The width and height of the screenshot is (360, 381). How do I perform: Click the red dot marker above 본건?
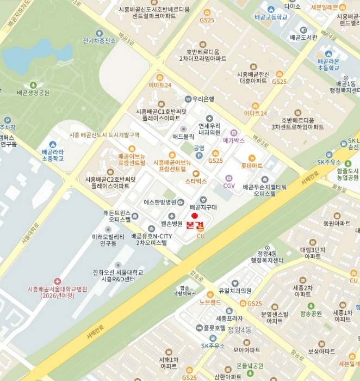(195, 216)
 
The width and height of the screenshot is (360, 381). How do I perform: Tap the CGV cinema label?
(229, 185)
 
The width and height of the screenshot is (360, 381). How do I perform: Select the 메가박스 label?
(234, 140)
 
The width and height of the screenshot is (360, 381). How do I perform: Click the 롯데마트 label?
(252, 165)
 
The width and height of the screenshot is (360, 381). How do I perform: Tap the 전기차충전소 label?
(99, 41)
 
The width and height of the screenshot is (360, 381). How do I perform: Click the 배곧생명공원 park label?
(33, 93)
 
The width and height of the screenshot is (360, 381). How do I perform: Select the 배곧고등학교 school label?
(270, 17)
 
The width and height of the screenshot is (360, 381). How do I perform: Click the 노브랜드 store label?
(210, 302)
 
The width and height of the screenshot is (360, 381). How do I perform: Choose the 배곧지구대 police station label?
(203, 207)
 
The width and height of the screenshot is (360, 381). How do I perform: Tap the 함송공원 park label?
(311, 314)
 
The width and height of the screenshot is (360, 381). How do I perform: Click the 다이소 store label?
(292, 7)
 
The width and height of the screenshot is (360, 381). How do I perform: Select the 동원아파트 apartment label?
(337, 223)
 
